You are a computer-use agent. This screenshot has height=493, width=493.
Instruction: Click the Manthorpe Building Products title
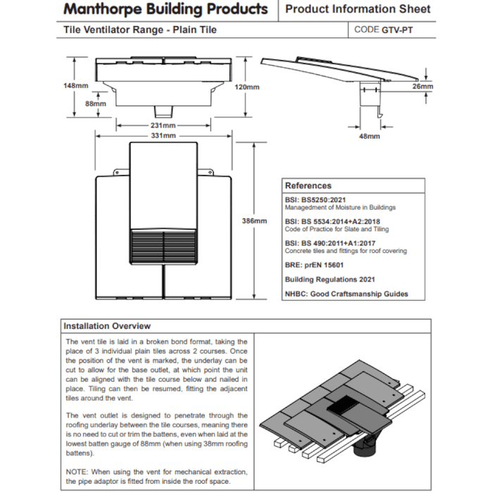(x=166, y=10)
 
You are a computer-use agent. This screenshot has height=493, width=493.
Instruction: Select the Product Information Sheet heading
(x=358, y=10)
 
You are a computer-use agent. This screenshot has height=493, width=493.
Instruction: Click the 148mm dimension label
(x=76, y=85)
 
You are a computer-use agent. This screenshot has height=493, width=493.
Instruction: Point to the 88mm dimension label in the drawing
(x=95, y=104)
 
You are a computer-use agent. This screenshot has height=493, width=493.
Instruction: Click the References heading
(x=308, y=186)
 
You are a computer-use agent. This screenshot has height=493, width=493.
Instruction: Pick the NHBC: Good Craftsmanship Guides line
(x=346, y=294)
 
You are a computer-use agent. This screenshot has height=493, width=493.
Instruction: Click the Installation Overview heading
(x=107, y=326)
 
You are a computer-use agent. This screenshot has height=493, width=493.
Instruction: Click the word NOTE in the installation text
(x=75, y=470)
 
